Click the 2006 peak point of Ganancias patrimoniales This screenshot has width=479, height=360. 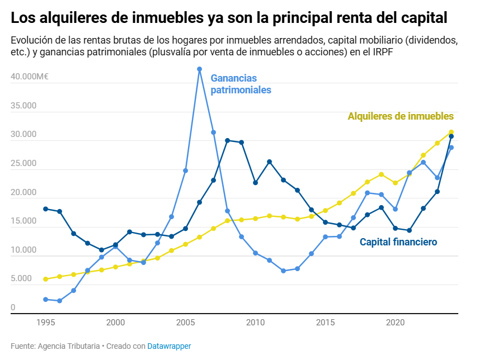(x=199, y=69)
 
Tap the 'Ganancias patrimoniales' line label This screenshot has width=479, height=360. (x=241, y=84)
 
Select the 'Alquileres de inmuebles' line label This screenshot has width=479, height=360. (x=400, y=116)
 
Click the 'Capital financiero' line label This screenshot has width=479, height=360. (x=398, y=242)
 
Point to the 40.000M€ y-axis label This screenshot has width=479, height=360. (x=30, y=77)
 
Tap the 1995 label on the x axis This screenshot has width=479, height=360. (x=46, y=323)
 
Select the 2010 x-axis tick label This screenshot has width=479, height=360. (x=255, y=323)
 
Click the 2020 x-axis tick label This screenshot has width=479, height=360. (x=395, y=323)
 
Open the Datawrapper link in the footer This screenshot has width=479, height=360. (x=169, y=346)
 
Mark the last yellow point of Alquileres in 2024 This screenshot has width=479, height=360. (x=451, y=132)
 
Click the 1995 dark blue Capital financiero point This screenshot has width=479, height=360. (x=46, y=209)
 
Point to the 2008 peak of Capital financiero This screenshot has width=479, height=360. (x=227, y=140)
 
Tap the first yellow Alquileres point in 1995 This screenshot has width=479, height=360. (x=46, y=279)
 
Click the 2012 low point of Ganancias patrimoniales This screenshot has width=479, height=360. (x=284, y=271)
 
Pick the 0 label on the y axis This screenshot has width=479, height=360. (x=13, y=307)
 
